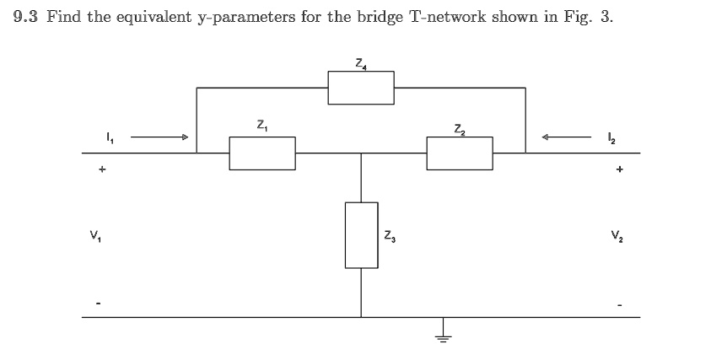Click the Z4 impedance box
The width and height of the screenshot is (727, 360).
[x=360, y=88]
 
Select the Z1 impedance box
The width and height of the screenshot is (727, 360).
[x=261, y=153]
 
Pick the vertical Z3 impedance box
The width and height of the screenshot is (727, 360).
[x=361, y=234]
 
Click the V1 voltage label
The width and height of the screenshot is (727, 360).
[x=101, y=234]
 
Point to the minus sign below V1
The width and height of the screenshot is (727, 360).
[x=101, y=303]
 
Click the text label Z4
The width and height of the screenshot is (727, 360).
[x=360, y=62]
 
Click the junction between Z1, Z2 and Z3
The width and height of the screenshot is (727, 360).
[x=361, y=153]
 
